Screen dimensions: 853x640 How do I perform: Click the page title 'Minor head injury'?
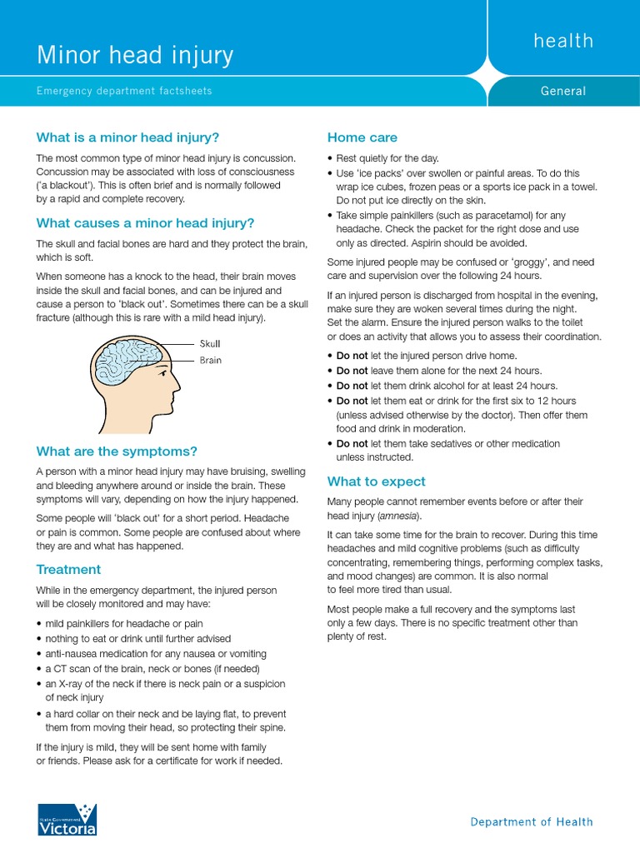(134, 56)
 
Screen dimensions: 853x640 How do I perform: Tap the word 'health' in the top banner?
(563, 41)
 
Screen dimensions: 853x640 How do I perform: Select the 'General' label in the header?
(563, 91)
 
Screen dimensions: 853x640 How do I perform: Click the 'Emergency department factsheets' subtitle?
(123, 91)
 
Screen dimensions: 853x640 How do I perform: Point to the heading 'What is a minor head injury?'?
(127, 137)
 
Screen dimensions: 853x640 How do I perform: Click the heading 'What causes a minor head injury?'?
(145, 223)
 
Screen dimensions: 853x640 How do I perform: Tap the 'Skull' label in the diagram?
(210, 343)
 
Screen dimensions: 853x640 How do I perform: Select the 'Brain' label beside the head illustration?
(210, 361)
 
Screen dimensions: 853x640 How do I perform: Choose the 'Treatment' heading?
(68, 570)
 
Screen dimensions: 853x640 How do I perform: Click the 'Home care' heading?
(362, 137)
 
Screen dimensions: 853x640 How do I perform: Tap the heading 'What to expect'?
(377, 481)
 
